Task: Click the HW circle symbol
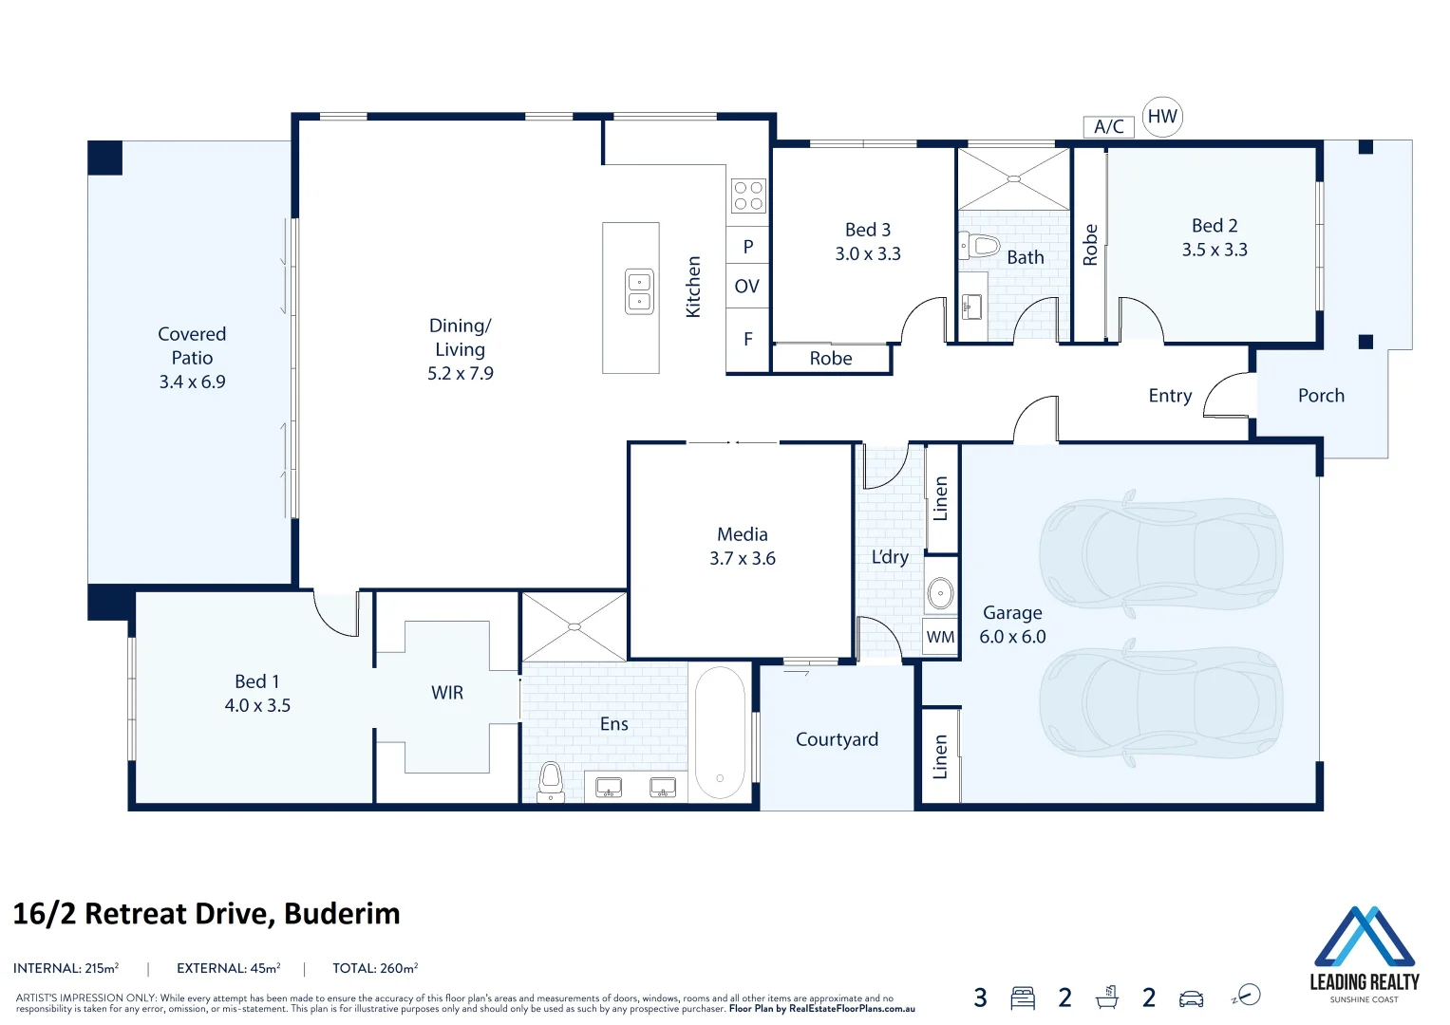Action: (x=1162, y=117)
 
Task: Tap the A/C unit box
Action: (x=1108, y=127)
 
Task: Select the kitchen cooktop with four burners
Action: (x=748, y=196)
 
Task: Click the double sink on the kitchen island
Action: (x=639, y=291)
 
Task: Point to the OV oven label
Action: (x=747, y=287)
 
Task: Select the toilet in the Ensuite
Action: (x=551, y=782)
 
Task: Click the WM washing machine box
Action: (x=940, y=637)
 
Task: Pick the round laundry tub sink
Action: (x=940, y=594)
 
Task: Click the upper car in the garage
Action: (x=1160, y=551)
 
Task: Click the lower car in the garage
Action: (x=1160, y=703)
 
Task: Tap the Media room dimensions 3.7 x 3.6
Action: (x=743, y=559)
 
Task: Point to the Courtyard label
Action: (x=837, y=739)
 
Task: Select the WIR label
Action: (x=447, y=693)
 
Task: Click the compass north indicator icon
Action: (x=1247, y=996)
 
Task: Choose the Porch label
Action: (x=1321, y=396)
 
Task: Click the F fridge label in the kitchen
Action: (x=748, y=339)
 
